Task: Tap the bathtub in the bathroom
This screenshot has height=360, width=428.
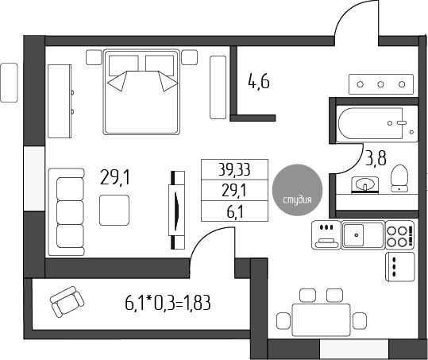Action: pyautogui.click(x=373, y=125)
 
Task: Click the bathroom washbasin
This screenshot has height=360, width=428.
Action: pyautogui.click(x=368, y=185)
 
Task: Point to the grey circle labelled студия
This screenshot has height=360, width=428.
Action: pyautogui.click(x=298, y=190)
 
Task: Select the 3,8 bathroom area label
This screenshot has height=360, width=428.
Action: pyautogui.click(x=376, y=158)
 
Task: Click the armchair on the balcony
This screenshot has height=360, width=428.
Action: pyautogui.click(x=66, y=302)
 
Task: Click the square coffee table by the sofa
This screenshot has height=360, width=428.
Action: pyautogui.click(x=114, y=211)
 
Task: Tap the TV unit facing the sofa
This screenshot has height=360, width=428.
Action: pyautogui.click(x=175, y=210)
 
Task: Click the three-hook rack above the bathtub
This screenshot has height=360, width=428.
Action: pyautogui.click(x=380, y=84)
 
